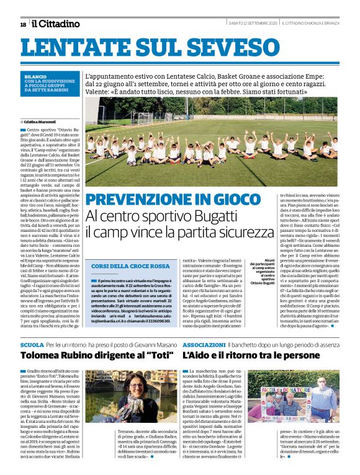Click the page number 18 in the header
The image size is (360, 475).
coord(23,24)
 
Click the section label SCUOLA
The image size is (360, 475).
coord(32,344)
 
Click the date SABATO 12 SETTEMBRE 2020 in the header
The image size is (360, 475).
coord(253,24)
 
